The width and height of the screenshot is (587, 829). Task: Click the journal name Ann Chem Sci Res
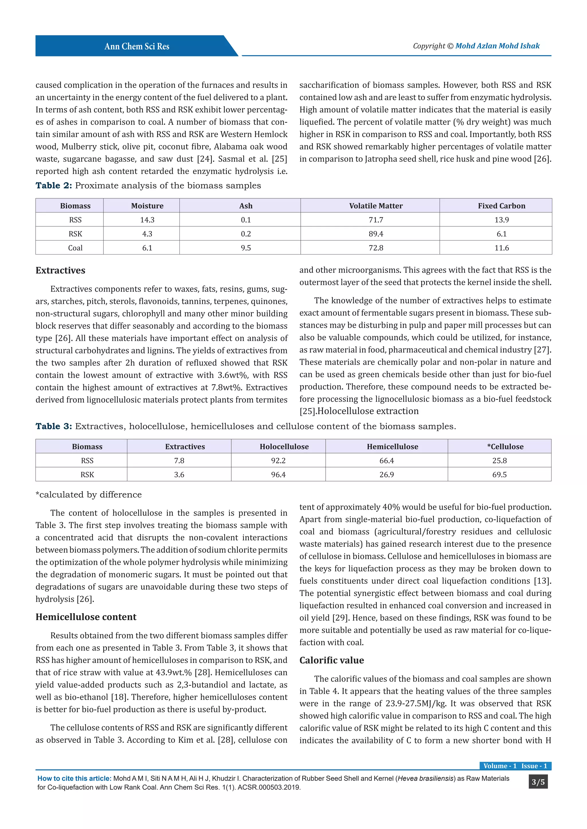137,46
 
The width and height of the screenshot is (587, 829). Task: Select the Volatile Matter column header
375,206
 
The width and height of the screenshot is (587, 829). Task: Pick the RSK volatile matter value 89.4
375,234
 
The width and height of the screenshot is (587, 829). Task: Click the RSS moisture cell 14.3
147,220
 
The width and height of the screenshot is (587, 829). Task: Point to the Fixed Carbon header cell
501,206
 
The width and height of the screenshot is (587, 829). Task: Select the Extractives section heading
60,271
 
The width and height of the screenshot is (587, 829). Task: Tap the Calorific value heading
331,660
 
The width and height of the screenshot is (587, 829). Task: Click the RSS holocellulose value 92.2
278,461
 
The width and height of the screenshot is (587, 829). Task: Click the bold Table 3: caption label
54,427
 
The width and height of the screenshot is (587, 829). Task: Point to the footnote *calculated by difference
89,495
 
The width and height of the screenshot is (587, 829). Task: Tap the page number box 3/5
538,782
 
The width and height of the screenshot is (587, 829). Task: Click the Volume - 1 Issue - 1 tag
515,766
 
